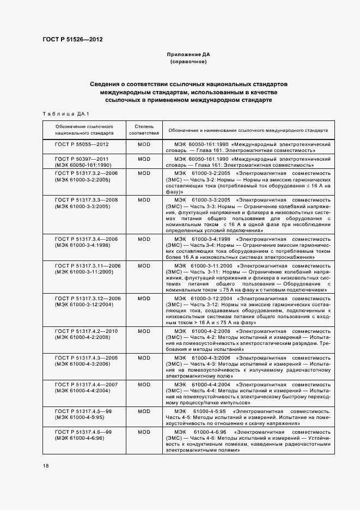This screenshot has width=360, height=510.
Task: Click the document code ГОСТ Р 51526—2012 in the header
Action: (x=72, y=40)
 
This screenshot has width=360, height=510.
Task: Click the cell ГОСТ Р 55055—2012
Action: (x=82, y=144)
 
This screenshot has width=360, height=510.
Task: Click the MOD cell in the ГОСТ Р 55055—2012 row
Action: (x=144, y=144)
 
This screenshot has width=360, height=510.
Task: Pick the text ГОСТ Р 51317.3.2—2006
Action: (x=86, y=173)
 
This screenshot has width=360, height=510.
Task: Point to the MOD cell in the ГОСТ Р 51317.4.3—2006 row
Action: (x=144, y=357)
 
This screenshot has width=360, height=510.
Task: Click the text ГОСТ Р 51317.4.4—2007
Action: (x=86, y=384)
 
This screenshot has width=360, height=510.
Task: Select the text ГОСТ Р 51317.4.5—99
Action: (x=83, y=410)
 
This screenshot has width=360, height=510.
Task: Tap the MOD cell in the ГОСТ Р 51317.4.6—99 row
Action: (x=144, y=432)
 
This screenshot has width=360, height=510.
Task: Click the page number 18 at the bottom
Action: (x=45, y=466)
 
